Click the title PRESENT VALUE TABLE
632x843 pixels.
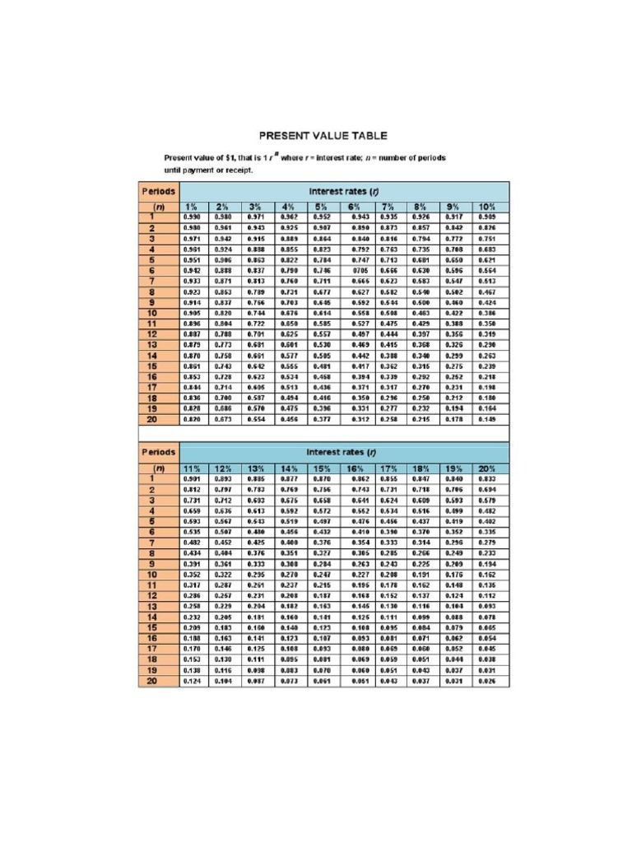[x=323, y=136]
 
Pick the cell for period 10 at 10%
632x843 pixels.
[x=487, y=314]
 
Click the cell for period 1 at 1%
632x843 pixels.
[x=191, y=217]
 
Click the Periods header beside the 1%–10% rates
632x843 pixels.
[x=158, y=191]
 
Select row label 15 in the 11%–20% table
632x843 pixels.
[x=152, y=626]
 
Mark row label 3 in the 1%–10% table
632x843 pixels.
[x=152, y=238]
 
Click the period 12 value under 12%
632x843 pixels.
[x=223, y=594]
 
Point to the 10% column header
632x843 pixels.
[x=487, y=206]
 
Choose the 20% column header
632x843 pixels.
[x=487, y=467]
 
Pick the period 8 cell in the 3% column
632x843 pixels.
[x=255, y=291]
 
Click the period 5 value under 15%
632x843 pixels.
[x=322, y=520]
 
